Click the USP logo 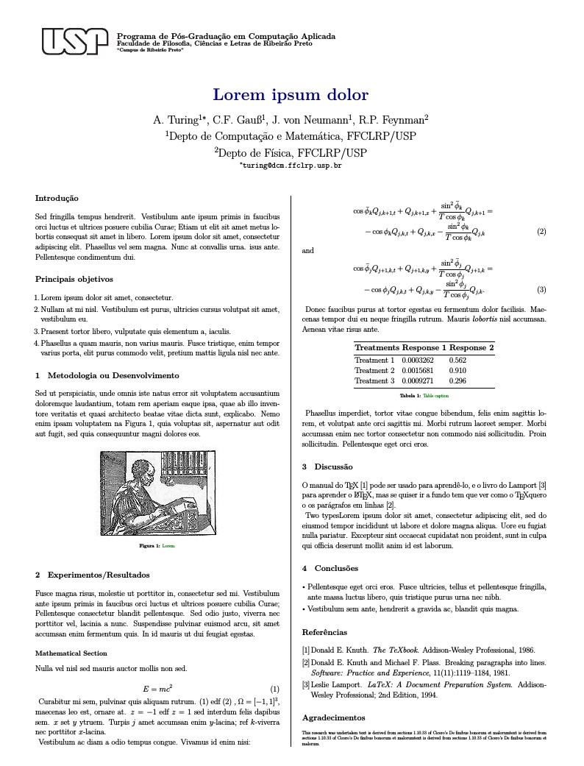(x=71, y=41)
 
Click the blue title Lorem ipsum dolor (x=291, y=95)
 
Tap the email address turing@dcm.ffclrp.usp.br (x=291, y=166)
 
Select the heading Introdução (x=57, y=198)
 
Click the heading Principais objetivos (x=74, y=279)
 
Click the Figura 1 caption (x=157, y=547)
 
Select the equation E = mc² (x=157, y=689)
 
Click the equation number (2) (x=541, y=233)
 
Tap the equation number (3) (x=541, y=289)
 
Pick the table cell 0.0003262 (x=418, y=361)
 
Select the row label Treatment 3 (x=374, y=381)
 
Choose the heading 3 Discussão (x=327, y=467)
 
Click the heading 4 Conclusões (x=330, y=568)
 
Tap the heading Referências (x=325, y=632)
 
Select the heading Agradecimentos (x=333, y=717)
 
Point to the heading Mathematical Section (x=71, y=653)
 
